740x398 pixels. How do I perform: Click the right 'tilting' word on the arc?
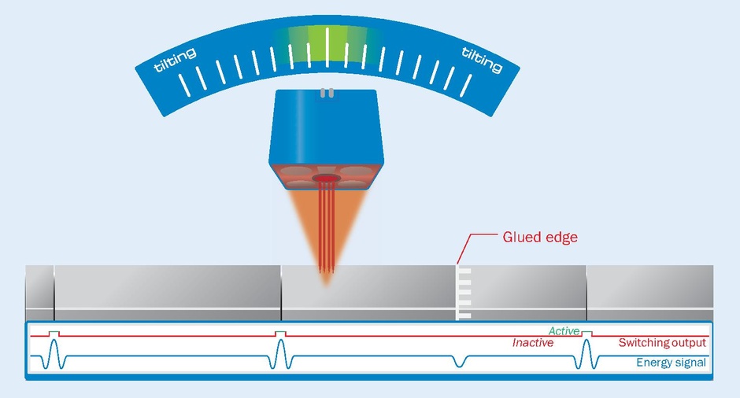482,60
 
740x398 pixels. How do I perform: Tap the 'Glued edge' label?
540,237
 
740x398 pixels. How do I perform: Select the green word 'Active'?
564,331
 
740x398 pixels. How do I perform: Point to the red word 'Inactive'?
533,343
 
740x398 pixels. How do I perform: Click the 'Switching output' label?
661,343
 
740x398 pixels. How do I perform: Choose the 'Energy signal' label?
672,363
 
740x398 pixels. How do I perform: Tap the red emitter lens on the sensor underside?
324,180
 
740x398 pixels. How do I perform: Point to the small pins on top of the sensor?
326,93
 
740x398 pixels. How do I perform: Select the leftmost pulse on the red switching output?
54,334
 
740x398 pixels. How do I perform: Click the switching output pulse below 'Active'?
586,334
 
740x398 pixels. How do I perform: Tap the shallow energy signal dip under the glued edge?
460,362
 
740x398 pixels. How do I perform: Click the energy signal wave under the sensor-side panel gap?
281,358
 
